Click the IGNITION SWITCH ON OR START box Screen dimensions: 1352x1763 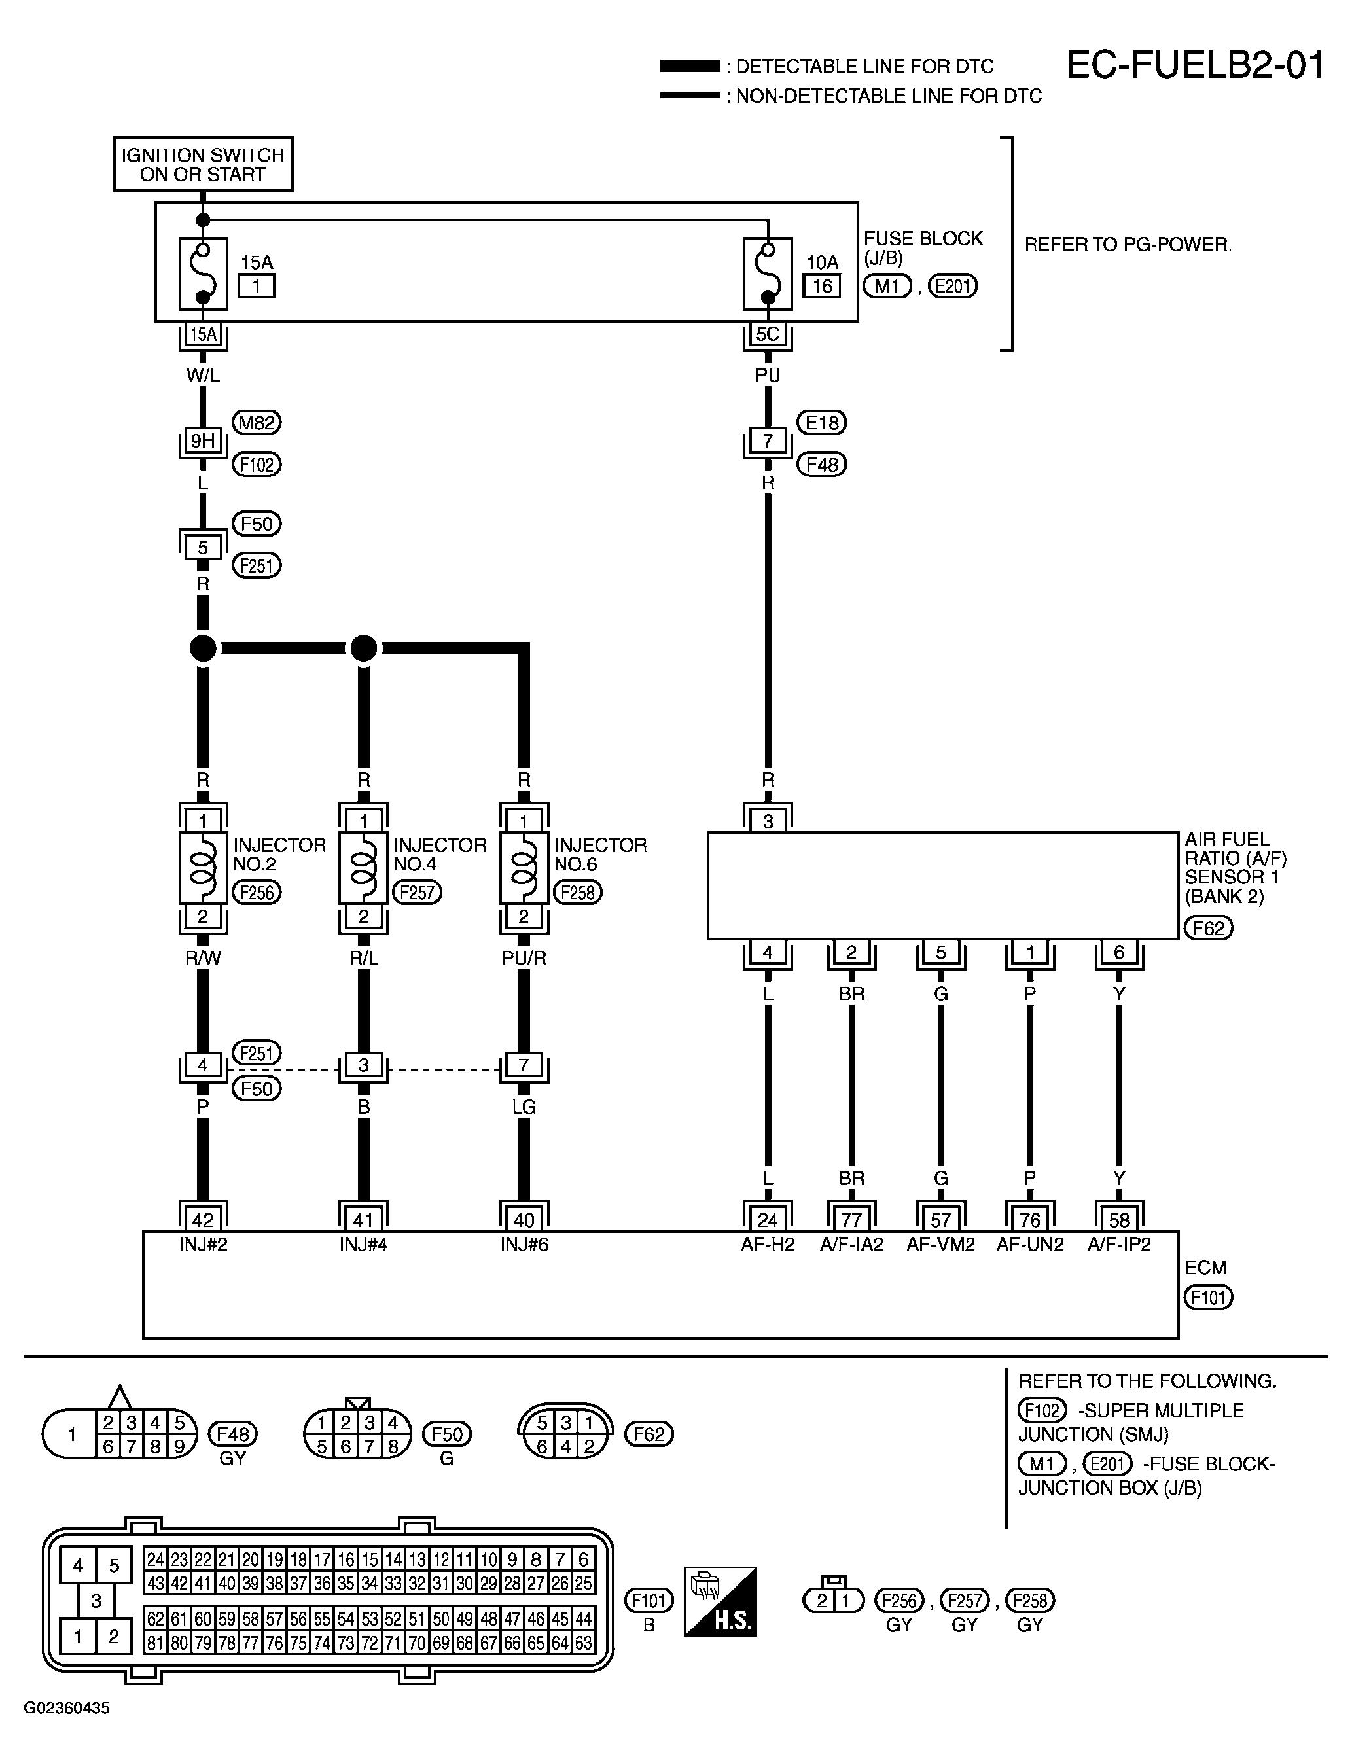203,164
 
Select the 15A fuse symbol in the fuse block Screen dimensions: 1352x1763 203,274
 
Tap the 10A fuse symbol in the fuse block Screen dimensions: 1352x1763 768,274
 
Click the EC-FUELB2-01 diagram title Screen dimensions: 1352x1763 1194,65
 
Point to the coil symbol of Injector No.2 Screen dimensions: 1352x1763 203,868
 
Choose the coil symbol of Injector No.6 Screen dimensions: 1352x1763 524,868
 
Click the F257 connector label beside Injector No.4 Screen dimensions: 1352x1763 417,893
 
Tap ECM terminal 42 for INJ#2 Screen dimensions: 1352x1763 203,1220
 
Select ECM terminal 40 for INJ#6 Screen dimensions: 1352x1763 524,1220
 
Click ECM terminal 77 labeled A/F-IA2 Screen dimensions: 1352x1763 851,1220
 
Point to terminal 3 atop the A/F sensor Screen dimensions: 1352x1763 768,821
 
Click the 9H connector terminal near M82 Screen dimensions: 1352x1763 203,440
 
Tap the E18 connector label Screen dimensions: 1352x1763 822,423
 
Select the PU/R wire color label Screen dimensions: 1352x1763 524,957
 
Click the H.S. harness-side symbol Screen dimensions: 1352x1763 720,1601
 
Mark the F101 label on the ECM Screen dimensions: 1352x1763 1209,1297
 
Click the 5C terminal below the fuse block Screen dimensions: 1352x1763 768,334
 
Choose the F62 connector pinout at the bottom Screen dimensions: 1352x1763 566,1434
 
